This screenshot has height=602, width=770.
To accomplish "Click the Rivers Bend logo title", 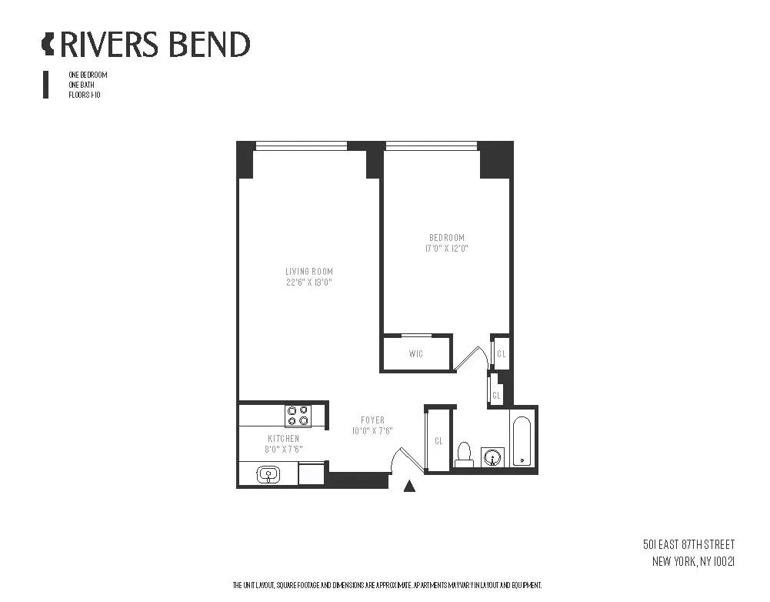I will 146,44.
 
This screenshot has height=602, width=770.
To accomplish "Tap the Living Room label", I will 309,272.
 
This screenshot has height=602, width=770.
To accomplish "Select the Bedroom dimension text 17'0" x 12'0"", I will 447,249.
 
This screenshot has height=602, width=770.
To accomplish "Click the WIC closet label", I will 416,354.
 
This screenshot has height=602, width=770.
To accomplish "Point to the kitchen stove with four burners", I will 298,416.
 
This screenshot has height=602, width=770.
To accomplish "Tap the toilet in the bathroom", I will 464,454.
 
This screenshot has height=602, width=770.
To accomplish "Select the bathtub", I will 522,440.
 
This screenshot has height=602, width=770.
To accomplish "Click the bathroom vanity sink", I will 492,457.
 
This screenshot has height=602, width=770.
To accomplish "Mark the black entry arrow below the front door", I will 410,485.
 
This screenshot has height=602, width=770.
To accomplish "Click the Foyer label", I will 372,420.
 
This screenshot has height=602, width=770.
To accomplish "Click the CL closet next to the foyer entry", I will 438,441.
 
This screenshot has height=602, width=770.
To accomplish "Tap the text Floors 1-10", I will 84,95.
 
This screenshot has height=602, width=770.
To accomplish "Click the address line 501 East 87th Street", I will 688,545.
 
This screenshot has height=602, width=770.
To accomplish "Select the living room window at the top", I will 301,145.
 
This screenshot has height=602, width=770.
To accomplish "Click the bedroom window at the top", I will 432,145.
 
